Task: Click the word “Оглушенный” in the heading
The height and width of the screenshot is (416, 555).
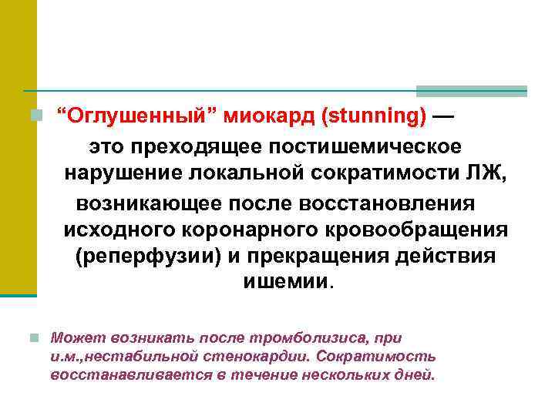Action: (x=139, y=116)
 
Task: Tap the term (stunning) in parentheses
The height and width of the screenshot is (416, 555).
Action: (x=373, y=116)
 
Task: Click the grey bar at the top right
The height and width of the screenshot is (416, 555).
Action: (x=471, y=91)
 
